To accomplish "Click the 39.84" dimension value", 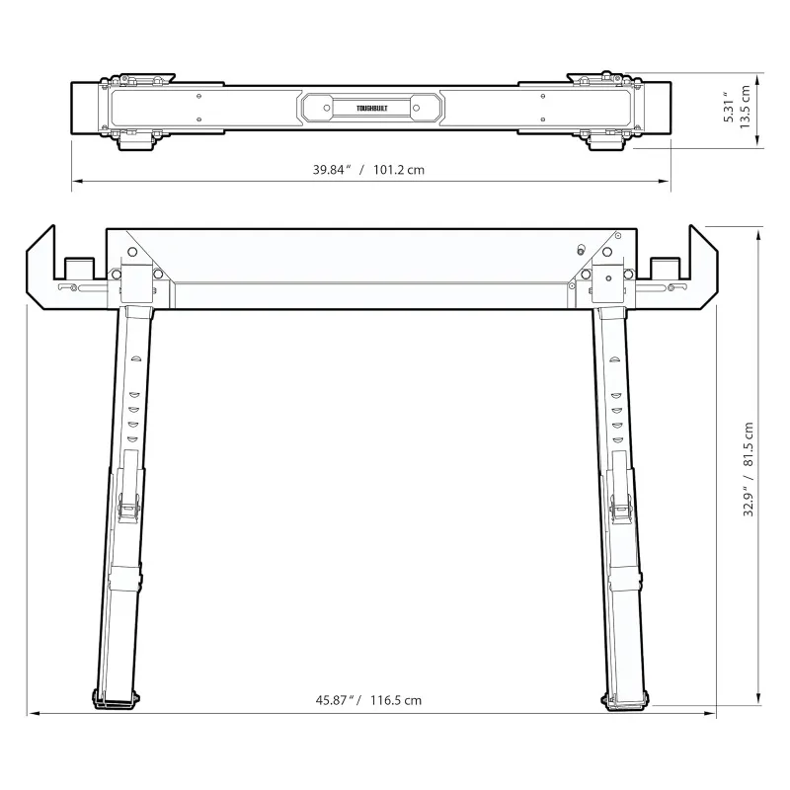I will [333, 169].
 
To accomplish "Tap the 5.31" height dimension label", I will [729, 107].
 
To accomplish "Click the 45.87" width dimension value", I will [336, 700].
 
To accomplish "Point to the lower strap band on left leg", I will [122, 579].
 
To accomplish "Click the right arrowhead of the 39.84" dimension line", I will [668, 181].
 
